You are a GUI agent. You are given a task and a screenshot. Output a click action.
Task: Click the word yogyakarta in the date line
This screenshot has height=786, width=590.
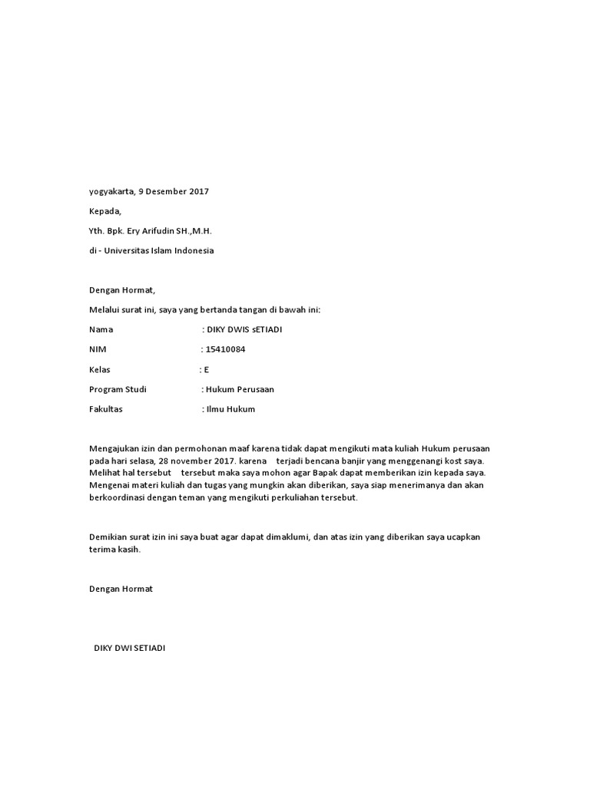(112, 191)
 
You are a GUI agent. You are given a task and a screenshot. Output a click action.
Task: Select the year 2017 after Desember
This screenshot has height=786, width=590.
(197, 191)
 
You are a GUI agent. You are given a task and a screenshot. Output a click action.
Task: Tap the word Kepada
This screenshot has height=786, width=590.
(105, 210)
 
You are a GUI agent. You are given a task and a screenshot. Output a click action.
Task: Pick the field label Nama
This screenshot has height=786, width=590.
(101, 329)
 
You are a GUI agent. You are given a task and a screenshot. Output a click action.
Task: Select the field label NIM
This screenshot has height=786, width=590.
(98, 349)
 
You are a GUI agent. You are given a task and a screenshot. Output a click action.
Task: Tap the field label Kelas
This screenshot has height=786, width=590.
(100, 369)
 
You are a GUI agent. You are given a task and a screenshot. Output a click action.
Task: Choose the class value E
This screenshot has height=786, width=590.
(206, 369)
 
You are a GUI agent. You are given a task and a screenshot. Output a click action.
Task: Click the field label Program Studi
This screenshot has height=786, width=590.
(118, 389)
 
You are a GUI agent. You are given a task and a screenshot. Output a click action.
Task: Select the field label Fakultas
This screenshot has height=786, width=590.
(106, 409)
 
